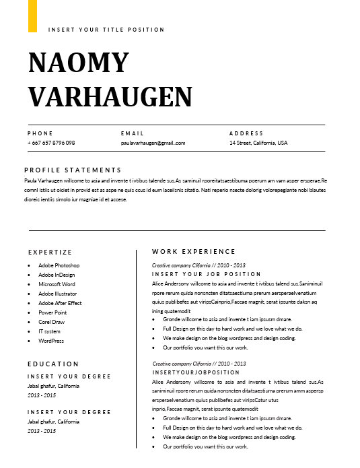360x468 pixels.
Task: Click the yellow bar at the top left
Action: [x=32, y=15]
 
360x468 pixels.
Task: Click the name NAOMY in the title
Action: [x=78, y=62]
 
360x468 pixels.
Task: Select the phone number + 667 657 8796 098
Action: [x=51, y=143]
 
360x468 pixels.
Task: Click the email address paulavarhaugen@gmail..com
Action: [x=153, y=143]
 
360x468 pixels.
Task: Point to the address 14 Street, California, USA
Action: [x=258, y=143]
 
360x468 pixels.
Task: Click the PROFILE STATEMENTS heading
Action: [x=73, y=170]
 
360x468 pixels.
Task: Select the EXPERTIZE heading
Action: [x=50, y=252]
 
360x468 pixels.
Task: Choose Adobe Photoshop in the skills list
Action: [x=59, y=265]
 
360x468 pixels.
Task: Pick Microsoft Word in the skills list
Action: [x=57, y=284]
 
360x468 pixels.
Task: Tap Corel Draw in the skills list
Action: [x=52, y=322]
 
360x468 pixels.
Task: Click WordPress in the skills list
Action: [x=51, y=341]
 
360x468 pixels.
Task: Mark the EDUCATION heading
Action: [x=53, y=364]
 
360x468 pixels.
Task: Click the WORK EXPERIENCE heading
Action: [x=194, y=252]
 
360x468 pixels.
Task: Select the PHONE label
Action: [x=40, y=133]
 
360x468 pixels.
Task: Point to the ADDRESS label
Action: [x=246, y=133]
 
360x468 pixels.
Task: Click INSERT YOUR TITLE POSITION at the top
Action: [x=106, y=30]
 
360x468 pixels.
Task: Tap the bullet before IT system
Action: [x=29, y=331]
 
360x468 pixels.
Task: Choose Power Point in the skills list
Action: [x=52, y=312]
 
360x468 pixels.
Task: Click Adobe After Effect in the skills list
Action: [x=60, y=303]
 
